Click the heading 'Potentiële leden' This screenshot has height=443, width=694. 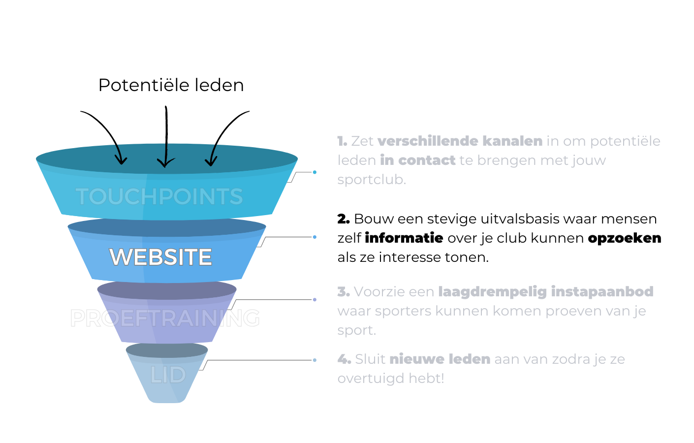[x=171, y=85]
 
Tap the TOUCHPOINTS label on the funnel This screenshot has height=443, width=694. [x=159, y=196]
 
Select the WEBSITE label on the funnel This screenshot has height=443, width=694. [x=160, y=257]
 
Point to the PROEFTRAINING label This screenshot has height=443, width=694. [x=165, y=318]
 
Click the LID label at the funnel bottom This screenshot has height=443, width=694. [x=168, y=375]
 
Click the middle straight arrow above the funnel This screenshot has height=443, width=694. [x=166, y=138]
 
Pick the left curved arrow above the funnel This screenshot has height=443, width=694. [x=106, y=130]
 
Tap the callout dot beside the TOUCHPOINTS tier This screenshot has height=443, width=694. [x=315, y=172]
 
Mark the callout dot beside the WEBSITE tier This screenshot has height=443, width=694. [x=315, y=237]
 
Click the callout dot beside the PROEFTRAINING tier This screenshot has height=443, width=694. [x=315, y=299]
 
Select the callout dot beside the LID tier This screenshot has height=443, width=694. [x=315, y=360]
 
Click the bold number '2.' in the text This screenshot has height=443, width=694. [x=344, y=219]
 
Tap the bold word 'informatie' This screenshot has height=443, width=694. [x=404, y=238]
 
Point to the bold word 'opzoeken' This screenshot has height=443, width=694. [x=624, y=238]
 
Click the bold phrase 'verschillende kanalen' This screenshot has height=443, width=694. [x=460, y=141]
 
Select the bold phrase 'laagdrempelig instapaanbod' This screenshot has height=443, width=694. [x=545, y=292]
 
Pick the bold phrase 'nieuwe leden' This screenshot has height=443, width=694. [x=440, y=359]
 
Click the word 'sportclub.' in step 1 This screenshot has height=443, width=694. [x=372, y=180]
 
